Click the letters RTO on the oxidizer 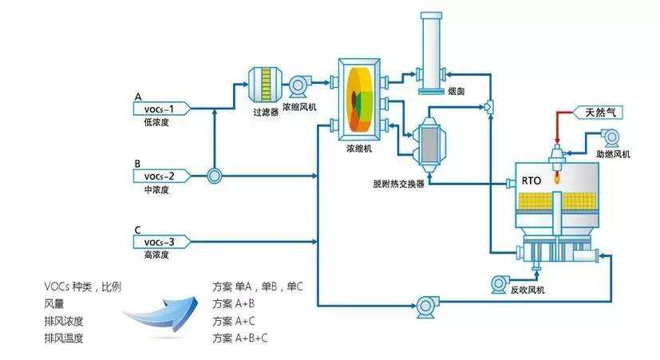532,180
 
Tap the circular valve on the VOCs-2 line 214,176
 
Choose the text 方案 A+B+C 239,338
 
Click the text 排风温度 64,338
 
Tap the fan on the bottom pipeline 424,303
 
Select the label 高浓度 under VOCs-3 156,255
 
